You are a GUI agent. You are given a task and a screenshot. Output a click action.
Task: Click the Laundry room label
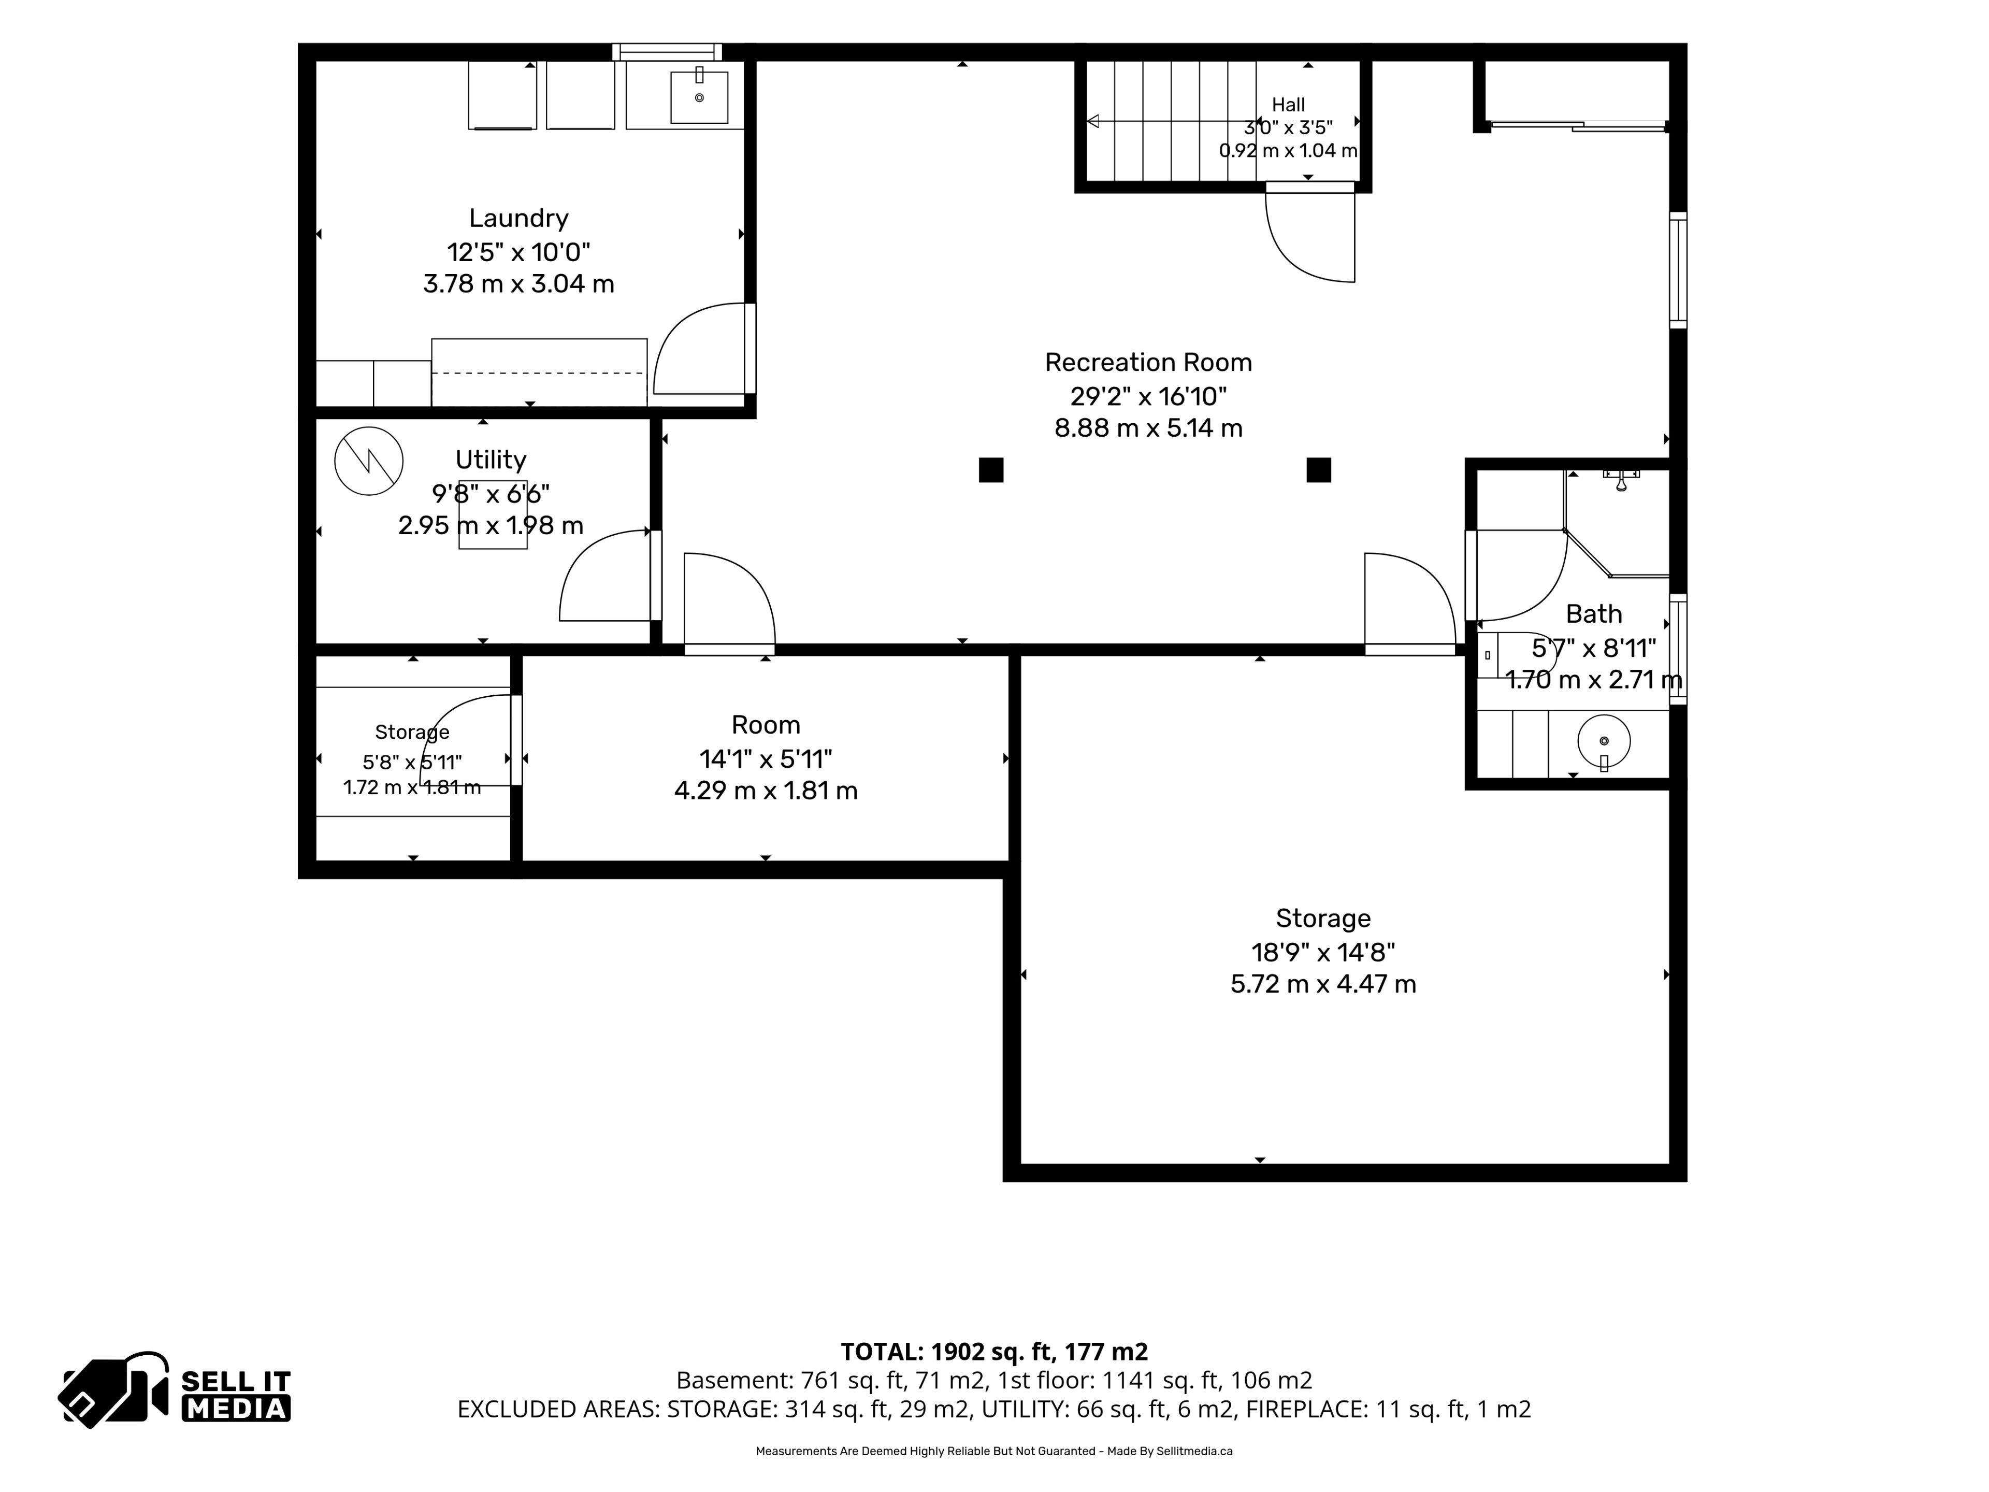(519, 219)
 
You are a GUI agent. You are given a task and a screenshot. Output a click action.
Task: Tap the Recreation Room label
(1148, 363)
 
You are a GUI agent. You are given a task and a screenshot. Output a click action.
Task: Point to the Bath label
(1594, 614)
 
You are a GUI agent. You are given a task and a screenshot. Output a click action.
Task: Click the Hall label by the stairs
(1289, 105)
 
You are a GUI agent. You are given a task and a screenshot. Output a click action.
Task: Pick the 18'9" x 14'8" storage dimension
(1323, 952)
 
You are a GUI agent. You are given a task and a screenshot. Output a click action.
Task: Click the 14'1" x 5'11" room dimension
(766, 759)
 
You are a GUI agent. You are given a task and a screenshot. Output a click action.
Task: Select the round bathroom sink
(1604, 741)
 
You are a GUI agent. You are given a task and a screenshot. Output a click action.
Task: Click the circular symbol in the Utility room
(369, 461)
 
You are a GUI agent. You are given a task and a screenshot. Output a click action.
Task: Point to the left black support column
(991, 470)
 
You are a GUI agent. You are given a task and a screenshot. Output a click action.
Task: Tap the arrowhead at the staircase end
(1092, 121)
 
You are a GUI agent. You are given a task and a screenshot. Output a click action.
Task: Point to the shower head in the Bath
(1621, 481)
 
